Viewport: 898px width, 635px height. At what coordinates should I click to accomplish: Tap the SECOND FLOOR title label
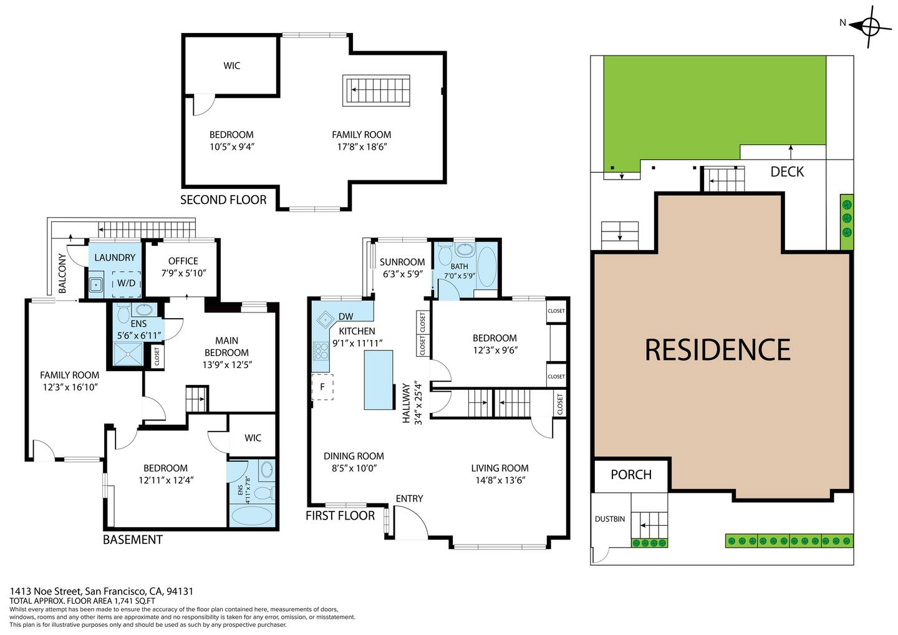[x=223, y=200]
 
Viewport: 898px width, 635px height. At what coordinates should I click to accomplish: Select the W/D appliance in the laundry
[x=126, y=283]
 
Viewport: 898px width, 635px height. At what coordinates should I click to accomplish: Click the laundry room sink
[x=95, y=285]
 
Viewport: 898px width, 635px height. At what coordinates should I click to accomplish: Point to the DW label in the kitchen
[x=346, y=316]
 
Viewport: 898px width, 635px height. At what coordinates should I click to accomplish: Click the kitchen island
[x=379, y=380]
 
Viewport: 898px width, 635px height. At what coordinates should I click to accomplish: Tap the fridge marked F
[x=323, y=387]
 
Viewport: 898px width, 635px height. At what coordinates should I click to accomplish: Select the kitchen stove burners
[x=321, y=351]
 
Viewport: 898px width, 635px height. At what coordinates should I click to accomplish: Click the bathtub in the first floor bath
[x=486, y=266]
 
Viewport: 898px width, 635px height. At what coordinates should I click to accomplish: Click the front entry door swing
[x=410, y=521]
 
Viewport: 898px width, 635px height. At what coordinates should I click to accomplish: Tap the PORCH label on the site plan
[x=631, y=475]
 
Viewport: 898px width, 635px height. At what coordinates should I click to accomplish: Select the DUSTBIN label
[x=610, y=519]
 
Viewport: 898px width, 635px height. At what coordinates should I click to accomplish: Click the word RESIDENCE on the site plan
[x=718, y=349]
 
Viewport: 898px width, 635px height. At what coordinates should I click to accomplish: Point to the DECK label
[x=787, y=172]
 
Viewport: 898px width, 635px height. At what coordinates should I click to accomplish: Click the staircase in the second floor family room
[x=376, y=90]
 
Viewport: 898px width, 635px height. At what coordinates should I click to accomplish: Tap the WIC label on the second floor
[x=232, y=65]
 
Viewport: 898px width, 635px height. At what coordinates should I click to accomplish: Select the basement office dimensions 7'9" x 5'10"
[x=183, y=273]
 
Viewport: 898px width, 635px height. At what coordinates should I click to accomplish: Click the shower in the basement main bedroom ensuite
[x=128, y=354]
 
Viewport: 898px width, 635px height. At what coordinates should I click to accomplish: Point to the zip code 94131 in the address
[x=180, y=591]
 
